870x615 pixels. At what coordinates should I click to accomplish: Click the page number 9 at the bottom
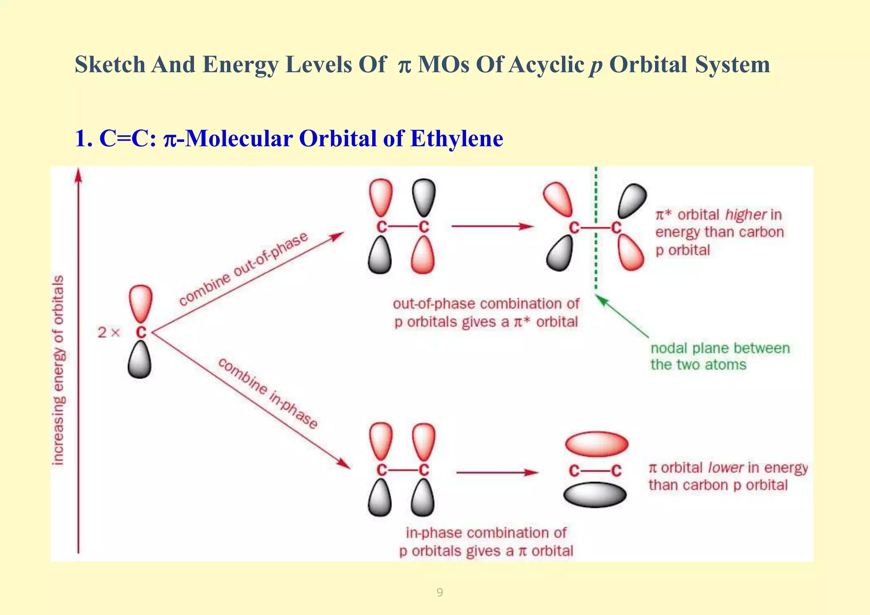(x=440, y=592)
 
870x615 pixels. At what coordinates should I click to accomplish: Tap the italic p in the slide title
(x=596, y=66)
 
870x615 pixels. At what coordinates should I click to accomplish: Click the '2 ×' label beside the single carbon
(x=109, y=332)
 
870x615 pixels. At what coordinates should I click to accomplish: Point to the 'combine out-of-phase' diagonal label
(x=243, y=269)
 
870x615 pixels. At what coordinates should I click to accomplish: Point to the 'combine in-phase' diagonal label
(x=268, y=393)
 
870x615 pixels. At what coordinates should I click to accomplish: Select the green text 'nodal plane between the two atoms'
(x=720, y=356)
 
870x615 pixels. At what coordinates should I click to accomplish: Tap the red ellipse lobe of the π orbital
(x=596, y=444)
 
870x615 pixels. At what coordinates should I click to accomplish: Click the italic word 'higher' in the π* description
(x=746, y=214)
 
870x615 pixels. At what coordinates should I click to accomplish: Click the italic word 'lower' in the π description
(x=726, y=468)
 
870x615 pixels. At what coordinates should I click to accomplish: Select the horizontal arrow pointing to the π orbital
(x=497, y=472)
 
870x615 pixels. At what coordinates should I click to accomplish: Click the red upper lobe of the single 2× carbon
(x=141, y=302)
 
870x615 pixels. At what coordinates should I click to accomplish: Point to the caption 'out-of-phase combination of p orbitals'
(x=486, y=313)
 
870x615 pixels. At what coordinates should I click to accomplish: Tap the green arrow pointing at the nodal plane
(x=622, y=316)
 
